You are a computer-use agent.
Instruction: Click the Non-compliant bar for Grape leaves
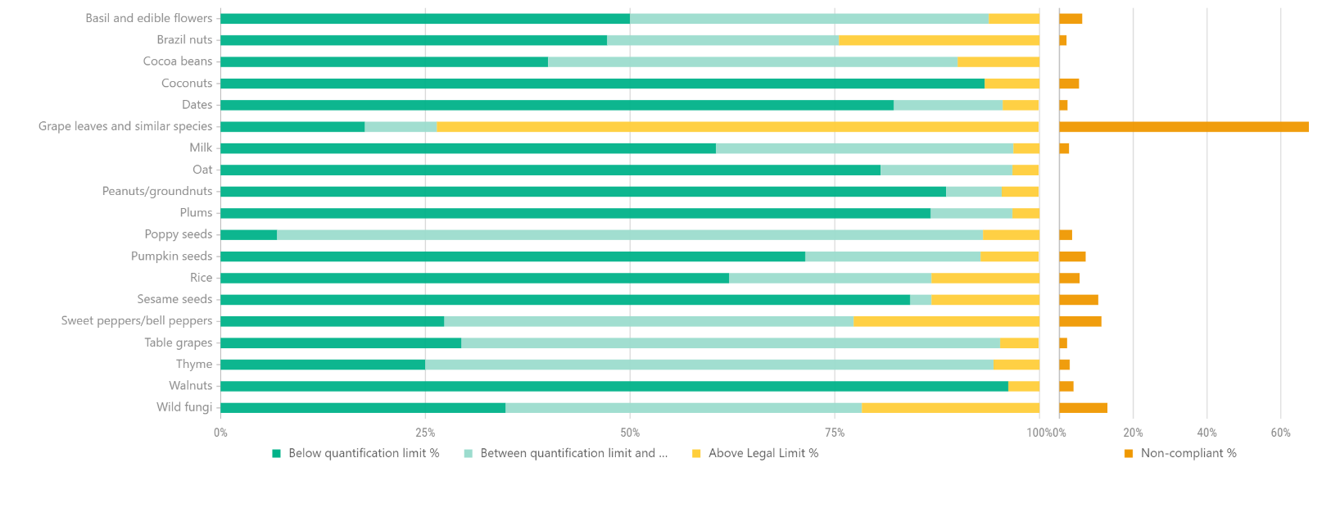click(x=1183, y=127)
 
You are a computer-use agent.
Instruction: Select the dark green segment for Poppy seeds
click(x=248, y=235)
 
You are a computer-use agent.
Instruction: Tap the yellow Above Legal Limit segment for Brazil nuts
click(x=939, y=40)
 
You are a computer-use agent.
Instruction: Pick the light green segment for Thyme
click(x=709, y=365)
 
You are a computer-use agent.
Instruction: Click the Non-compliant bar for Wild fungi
click(x=1083, y=408)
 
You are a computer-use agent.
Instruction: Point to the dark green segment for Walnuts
click(x=614, y=386)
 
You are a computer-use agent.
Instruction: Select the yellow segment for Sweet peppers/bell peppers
click(x=946, y=321)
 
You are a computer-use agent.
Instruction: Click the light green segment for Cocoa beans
click(x=752, y=61)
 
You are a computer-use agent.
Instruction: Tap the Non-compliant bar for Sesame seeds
click(x=1078, y=300)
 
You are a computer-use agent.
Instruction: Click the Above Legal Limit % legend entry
click(x=763, y=453)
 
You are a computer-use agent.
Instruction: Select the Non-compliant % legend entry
click(x=1188, y=453)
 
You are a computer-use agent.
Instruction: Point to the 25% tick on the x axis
click(x=425, y=433)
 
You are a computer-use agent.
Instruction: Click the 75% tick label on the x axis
click(x=834, y=433)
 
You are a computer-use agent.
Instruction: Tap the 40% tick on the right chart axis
click(x=1207, y=433)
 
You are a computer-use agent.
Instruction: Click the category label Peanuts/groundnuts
click(x=157, y=191)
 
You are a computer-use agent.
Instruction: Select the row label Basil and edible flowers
click(x=148, y=18)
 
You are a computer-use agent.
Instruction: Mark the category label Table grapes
click(x=178, y=342)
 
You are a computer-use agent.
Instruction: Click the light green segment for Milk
click(x=864, y=148)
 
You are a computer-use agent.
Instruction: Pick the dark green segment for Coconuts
click(x=602, y=84)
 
